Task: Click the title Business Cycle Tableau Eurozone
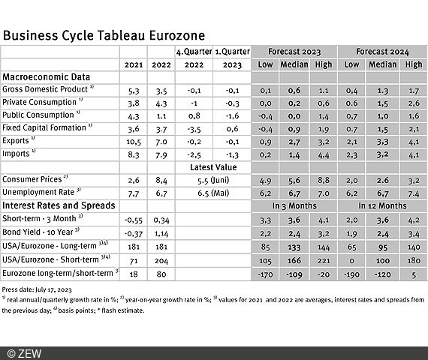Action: click(104, 35)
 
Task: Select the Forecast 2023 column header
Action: click(293, 51)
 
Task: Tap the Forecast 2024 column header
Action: click(381, 51)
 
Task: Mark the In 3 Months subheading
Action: click(293, 205)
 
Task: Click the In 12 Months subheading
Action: click(381, 205)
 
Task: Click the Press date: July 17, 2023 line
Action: click(38, 288)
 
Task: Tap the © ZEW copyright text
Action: click(26, 352)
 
